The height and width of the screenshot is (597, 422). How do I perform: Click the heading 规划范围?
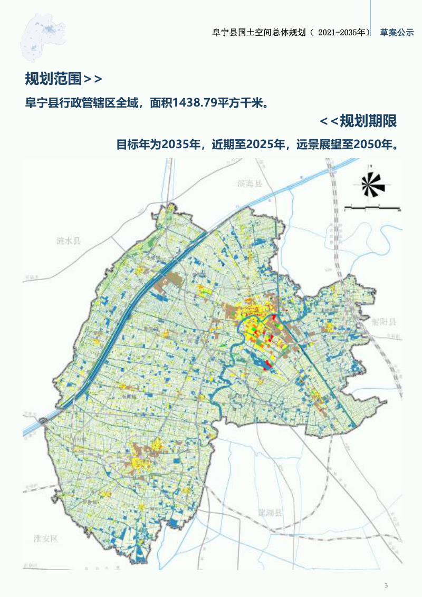tap(53, 79)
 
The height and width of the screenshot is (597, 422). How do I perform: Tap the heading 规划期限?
tap(368, 121)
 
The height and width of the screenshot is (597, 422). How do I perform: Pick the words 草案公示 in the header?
tap(397, 32)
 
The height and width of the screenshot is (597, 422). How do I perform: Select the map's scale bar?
tap(371, 208)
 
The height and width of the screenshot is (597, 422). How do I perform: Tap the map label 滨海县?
tap(250, 184)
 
